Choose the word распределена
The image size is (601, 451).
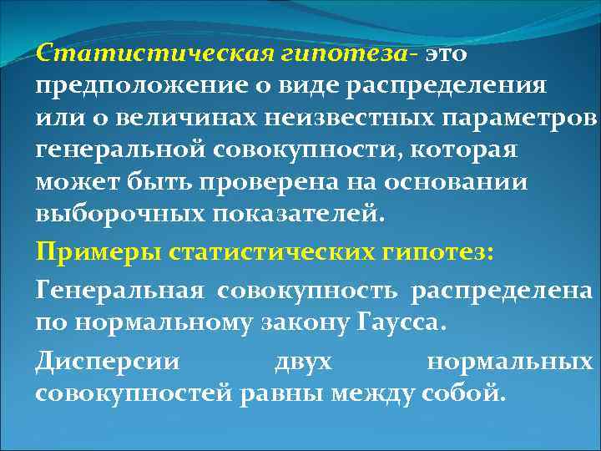pyautogui.click(x=508, y=290)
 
